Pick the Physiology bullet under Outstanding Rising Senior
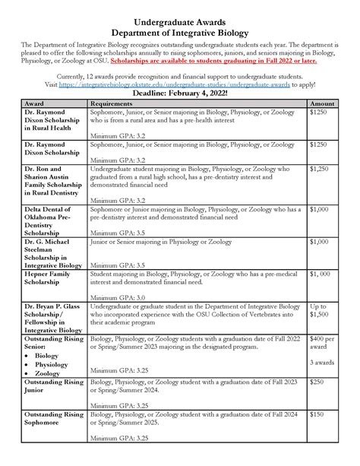(52, 363)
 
